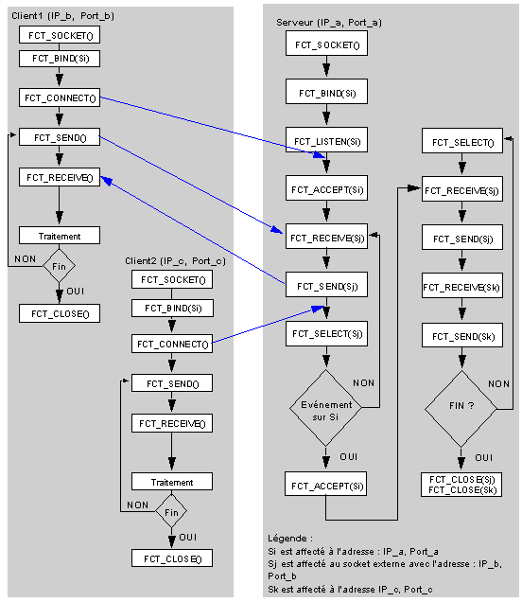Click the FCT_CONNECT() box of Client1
point(60,97)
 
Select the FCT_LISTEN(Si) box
point(326,140)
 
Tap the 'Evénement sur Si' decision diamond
point(325,408)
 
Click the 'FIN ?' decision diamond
point(461,409)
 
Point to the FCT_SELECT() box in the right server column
point(462,141)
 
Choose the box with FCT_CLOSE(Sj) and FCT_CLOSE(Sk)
point(461,485)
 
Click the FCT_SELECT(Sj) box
point(326,333)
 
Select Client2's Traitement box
point(172,482)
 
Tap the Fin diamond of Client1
point(59,266)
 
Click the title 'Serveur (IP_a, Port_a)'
point(329,23)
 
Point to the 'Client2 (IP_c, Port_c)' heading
point(175,260)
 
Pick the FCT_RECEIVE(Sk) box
point(462,286)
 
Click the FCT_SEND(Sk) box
point(462,335)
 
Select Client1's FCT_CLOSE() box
point(60,313)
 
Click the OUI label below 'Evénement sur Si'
point(348,457)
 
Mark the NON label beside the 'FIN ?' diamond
point(498,384)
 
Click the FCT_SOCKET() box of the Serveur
point(326,44)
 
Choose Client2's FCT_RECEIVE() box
point(172,423)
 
